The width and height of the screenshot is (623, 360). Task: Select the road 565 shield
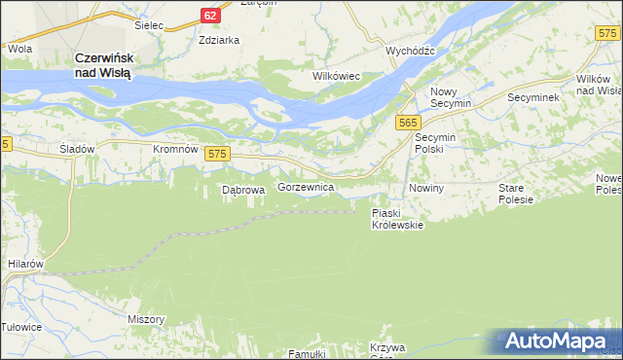point(409,122)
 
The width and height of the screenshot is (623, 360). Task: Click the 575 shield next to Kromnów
point(218,154)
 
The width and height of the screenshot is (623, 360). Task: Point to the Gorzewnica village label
point(307,186)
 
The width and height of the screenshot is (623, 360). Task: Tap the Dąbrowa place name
point(243,191)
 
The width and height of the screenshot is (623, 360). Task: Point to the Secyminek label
point(531,98)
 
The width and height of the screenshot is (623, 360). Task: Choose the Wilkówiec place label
point(336,75)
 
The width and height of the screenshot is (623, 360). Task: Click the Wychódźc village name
point(410,50)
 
